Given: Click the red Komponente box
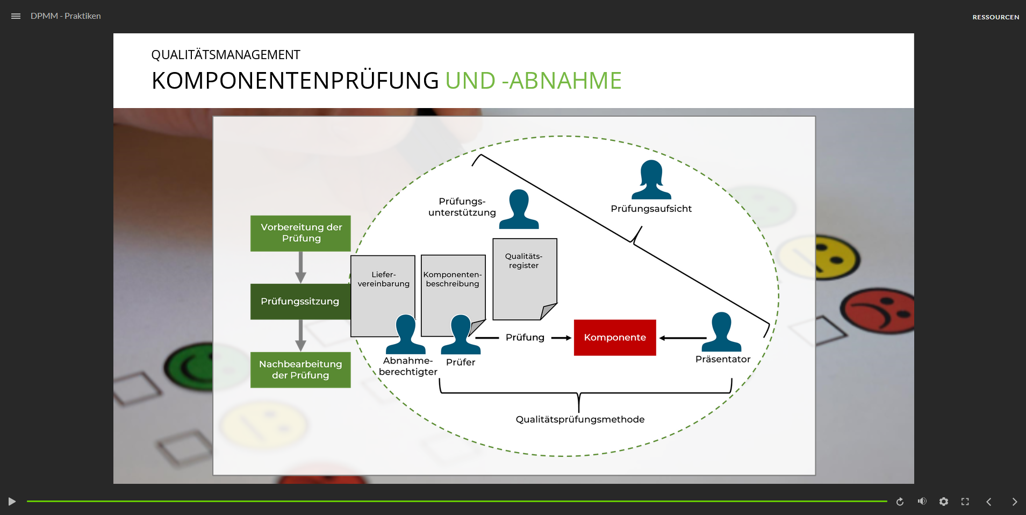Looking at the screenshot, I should (x=615, y=338).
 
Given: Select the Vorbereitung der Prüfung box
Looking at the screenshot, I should (x=300, y=233).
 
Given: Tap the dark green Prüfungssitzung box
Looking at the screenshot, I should (x=300, y=302).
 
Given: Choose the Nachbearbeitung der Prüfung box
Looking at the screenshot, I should (x=300, y=370).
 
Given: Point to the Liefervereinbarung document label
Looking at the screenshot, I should (x=383, y=279).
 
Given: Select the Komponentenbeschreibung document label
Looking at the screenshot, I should (x=453, y=279).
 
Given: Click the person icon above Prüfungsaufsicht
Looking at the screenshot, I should (x=651, y=180).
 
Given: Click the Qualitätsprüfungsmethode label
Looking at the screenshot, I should (x=580, y=419).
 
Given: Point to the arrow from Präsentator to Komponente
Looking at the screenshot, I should (x=683, y=338).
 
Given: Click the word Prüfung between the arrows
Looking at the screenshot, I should (x=525, y=338).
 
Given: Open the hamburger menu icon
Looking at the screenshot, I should (x=16, y=16).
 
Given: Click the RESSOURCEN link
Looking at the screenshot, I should (x=995, y=17).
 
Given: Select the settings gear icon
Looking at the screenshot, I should (x=943, y=502).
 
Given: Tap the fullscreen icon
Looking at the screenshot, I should (x=965, y=502).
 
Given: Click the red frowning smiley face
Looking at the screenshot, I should (x=879, y=311).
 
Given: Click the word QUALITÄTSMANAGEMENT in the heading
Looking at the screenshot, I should (x=226, y=55).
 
